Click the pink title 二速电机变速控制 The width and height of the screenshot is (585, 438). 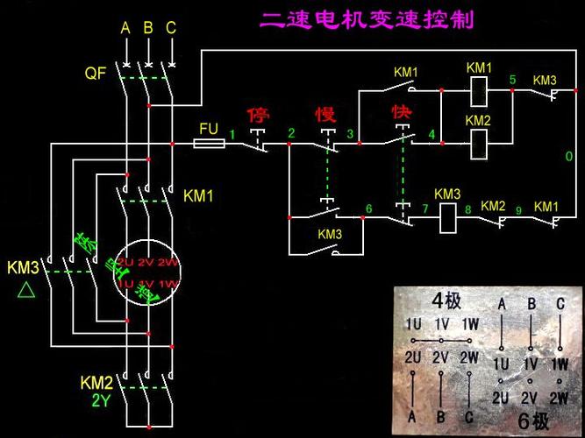tap(367, 20)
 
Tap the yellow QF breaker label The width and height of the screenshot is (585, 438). tap(95, 74)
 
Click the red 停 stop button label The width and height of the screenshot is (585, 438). tap(258, 115)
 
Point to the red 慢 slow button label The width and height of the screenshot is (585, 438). tap(326, 115)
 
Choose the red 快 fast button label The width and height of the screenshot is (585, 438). tap(402, 114)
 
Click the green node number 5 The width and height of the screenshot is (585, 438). tap(513, 80)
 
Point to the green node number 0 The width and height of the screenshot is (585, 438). tap(568, 156)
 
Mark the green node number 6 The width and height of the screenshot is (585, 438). tap(368, 208)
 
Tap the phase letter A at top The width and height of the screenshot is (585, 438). tap(125, 28)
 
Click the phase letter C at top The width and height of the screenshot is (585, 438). tap(171, 28)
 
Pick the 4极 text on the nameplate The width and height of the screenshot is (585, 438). tap(446, 301)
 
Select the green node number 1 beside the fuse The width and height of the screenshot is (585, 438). tap(233, 133)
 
